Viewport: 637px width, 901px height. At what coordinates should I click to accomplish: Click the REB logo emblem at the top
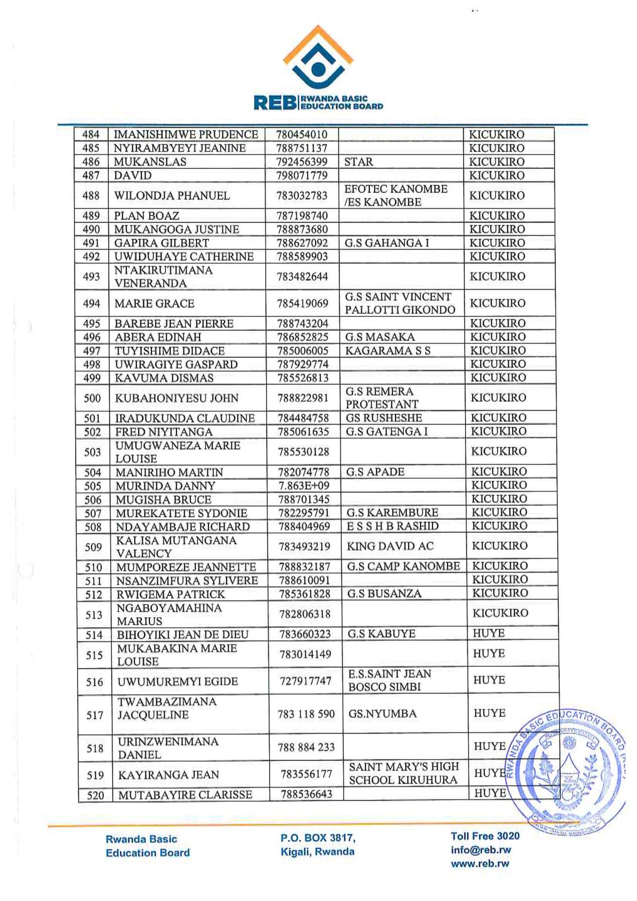(x=318, y=58)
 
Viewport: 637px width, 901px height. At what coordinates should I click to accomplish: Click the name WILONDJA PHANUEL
(x=172, y=196)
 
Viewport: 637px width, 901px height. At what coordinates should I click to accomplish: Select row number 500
(x=92, y=398)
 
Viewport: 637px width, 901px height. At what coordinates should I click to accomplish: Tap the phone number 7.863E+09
(x=303, y=485)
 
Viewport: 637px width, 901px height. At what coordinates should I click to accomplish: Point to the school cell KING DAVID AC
(x=390, y=546)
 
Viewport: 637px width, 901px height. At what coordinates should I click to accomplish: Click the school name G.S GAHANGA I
(x=386, y=243)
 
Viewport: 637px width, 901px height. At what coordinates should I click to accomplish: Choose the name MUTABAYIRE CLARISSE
(x=185, y=795)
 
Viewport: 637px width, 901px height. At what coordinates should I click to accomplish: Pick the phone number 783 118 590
(x=306, y=714)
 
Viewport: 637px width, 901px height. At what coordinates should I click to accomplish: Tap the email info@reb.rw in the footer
(x=481, y=849)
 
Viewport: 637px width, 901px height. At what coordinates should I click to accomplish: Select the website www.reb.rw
(x=480, y=863)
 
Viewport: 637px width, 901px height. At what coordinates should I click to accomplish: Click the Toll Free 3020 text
(x=485, y=836)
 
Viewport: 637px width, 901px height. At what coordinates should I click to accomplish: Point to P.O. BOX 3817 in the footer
(x=318, y=838)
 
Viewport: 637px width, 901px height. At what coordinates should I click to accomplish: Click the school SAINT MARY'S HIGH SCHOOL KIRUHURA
(x=403, y=773)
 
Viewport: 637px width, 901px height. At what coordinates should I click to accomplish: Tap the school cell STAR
(x=358, y=162)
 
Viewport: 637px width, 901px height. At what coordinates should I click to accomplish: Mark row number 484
(x=91, y=134)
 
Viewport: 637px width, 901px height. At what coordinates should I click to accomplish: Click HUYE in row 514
(x=489, y=633)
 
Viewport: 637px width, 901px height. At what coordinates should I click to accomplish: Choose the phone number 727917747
(x=305, y=681)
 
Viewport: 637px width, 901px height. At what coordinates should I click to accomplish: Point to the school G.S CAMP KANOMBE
(x=403, y=566)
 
